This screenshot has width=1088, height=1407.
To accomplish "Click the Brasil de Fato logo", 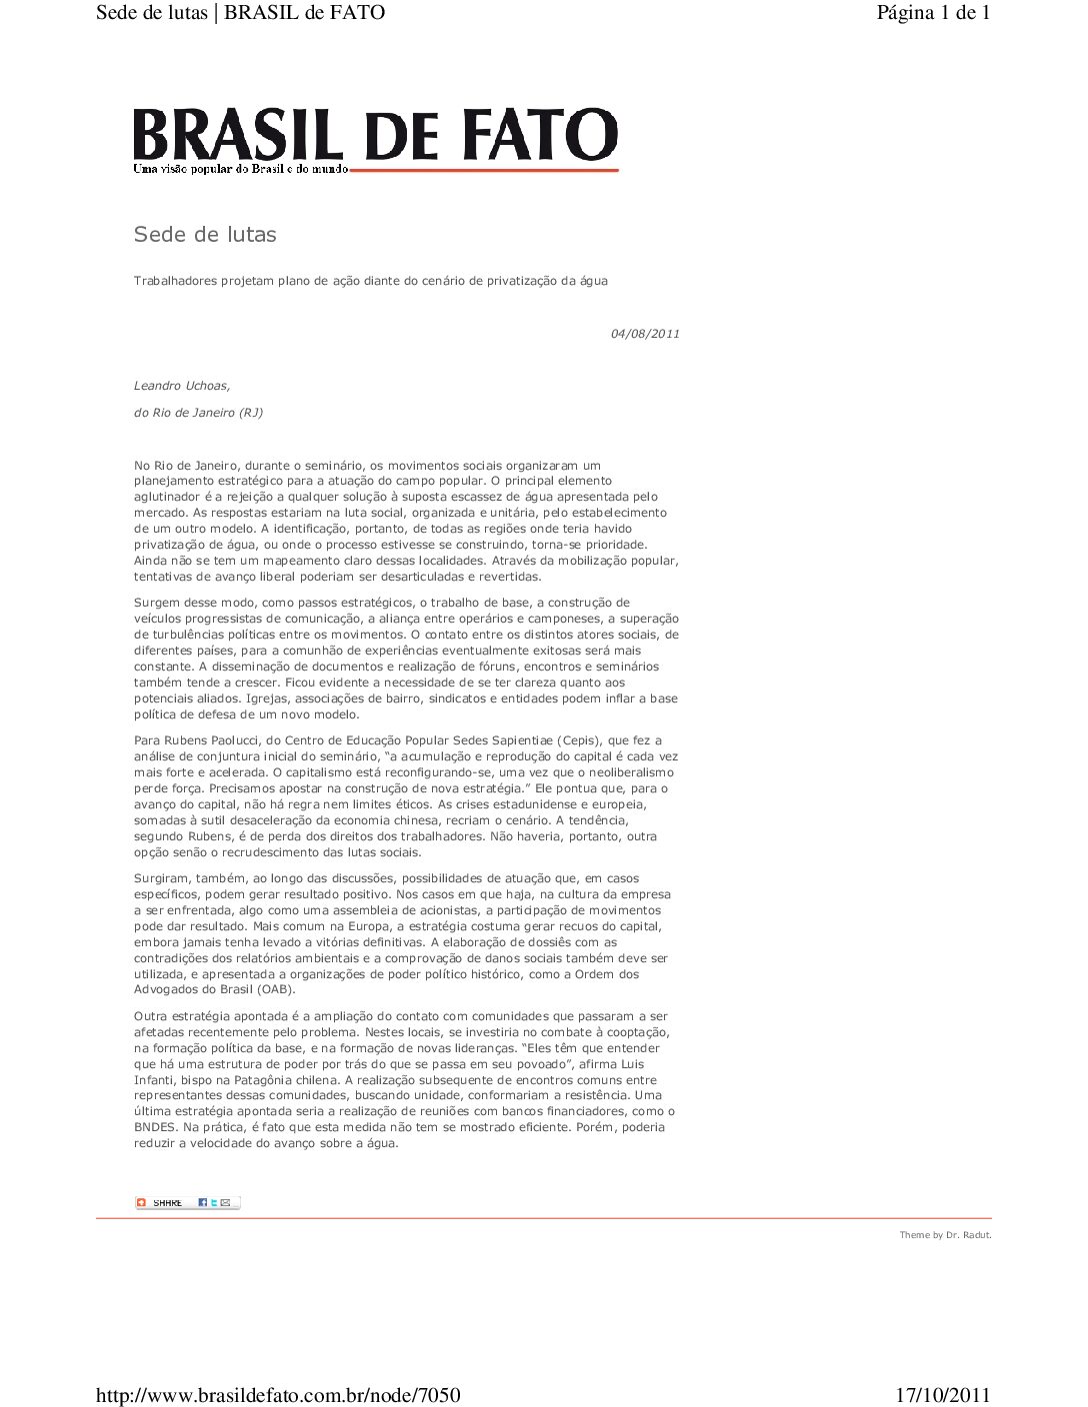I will point(375,138).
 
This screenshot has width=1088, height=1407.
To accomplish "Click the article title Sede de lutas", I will point(205,235).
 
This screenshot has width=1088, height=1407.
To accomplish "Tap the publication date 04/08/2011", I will point(645,334).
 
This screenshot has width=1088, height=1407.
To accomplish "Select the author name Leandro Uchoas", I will point(182,386).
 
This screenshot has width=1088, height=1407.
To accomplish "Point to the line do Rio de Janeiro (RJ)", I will point(198,413).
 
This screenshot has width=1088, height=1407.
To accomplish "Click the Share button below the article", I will point(187,1202).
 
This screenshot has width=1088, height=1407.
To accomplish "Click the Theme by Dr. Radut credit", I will point(945,1235).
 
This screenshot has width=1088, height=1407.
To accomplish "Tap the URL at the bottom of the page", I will point(278,1395).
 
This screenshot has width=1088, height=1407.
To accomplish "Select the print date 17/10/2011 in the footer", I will point(942,1395).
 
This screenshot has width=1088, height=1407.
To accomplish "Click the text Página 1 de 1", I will point(933,13).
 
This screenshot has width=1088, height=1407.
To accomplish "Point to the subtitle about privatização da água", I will point(370,281).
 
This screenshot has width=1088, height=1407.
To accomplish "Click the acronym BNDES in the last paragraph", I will point(155,1127).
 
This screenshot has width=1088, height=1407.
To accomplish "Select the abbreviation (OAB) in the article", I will point(276,989).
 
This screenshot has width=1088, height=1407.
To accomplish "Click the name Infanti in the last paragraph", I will point(154,1079).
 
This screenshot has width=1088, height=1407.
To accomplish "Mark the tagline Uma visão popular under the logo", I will point(241,169).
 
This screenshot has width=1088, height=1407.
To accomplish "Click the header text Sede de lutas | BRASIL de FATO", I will point(240,13).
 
